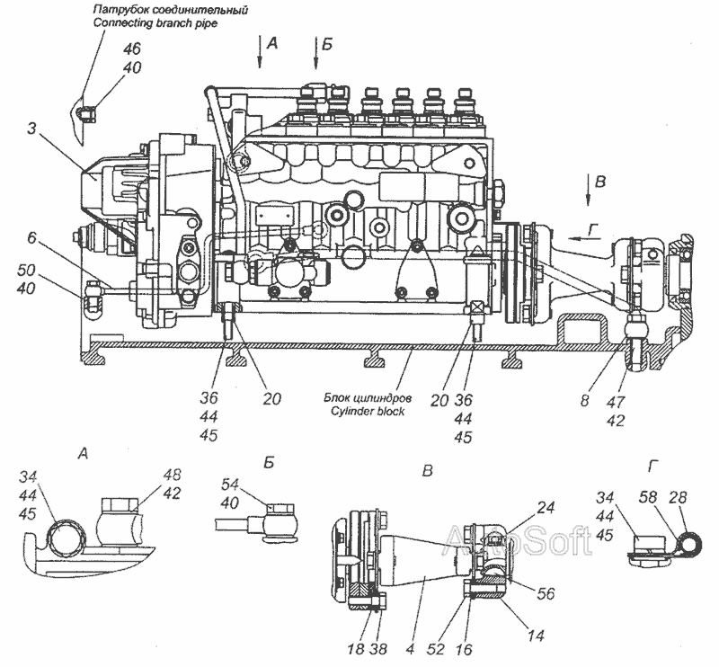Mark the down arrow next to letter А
coord(259,52)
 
